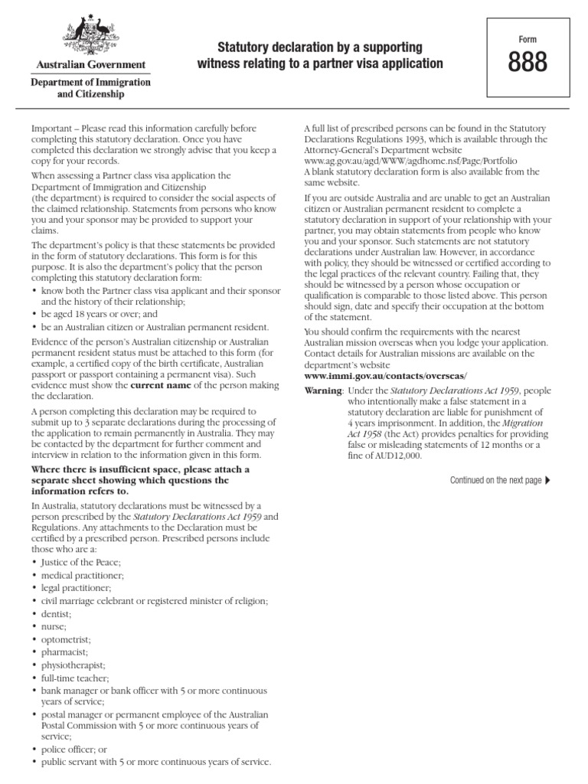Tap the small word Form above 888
528,37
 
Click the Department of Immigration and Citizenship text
91,88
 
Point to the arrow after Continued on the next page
547,480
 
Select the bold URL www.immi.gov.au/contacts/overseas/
385,377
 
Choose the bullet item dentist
57,613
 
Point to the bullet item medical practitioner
83,574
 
